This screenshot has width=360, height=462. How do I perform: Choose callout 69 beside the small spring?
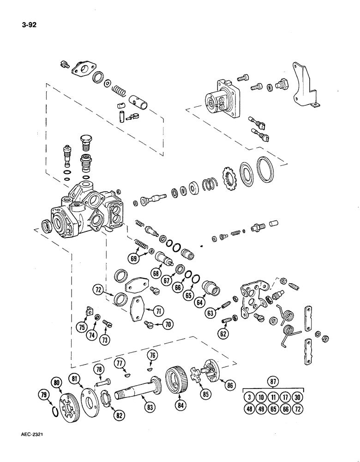coord(134,259)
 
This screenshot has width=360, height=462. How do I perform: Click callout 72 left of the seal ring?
coord(98,290)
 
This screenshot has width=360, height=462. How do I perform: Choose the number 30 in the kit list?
coord(297,397)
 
